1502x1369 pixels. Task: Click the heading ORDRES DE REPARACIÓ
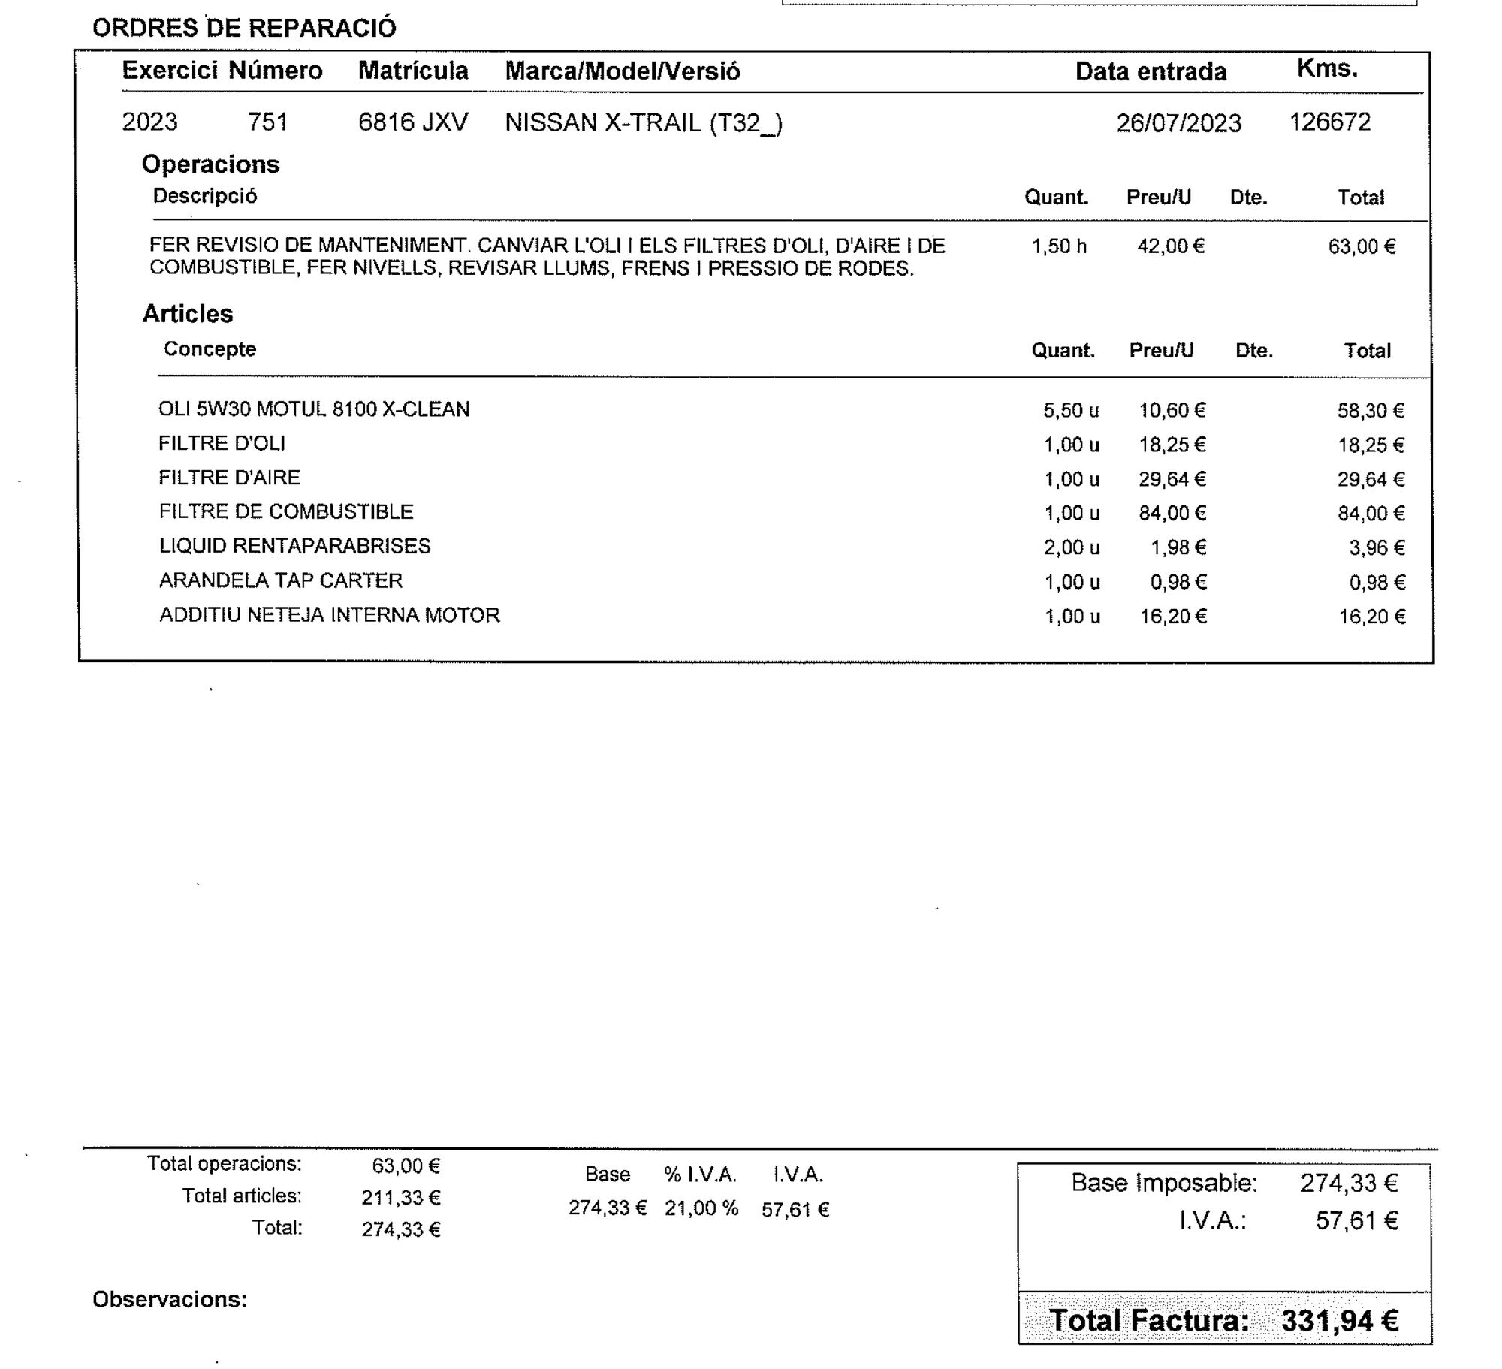pyautogui.click(x=244, y=28)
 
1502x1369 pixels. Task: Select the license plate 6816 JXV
pyautogui.click(x=413, y=122)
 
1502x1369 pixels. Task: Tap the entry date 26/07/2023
pyautogui.click(x=1178, y=123)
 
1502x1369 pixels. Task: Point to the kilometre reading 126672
pyautogui.click(x=1329, y=122)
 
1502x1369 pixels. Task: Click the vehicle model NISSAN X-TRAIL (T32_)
pyautogui.click(x=644, y=122)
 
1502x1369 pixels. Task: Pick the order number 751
pyautogui.click(x=268, y=122)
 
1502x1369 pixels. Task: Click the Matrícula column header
pyautogui.click(x=413, y=71)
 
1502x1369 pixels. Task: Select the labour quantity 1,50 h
pyautogui.click(x=1059, y=246)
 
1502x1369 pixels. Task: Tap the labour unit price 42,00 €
pyautogui.click(x=1170, y=246)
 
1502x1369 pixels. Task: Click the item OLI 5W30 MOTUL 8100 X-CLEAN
pyautogui.click(x=314, y=409)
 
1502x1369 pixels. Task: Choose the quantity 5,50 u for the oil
pyautogui.click(x=1071, y=411)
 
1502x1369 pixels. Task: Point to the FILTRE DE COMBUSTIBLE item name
pyautogui.click(x=286, y=512)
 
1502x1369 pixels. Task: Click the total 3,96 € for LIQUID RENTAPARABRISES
pyautogui.click(x=1376, y=548)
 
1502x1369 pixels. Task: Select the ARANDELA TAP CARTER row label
pyautogui.click(x=281, y=580)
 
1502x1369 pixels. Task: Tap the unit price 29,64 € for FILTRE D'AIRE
pyautogui.click(x=1172, y=479)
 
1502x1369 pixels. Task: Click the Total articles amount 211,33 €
pyautogui.click(x=401, y=1198)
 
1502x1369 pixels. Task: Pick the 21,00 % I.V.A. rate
pyautogui.click(x=701, y=1208)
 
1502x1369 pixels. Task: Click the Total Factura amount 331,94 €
pyautogui.click(x=1340, y=1321)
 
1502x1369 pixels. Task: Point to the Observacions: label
pyautogui.click(x=170, y=1300)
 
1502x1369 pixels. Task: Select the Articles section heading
pyautogui.click(x=188, y=314)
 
